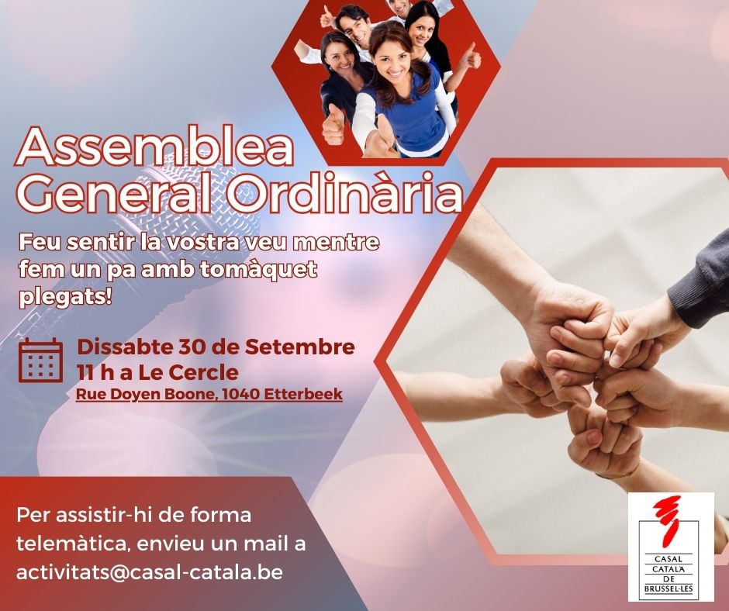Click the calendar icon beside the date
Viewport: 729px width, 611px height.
tap(41, 361)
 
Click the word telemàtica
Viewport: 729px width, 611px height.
tap(73, 544)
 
